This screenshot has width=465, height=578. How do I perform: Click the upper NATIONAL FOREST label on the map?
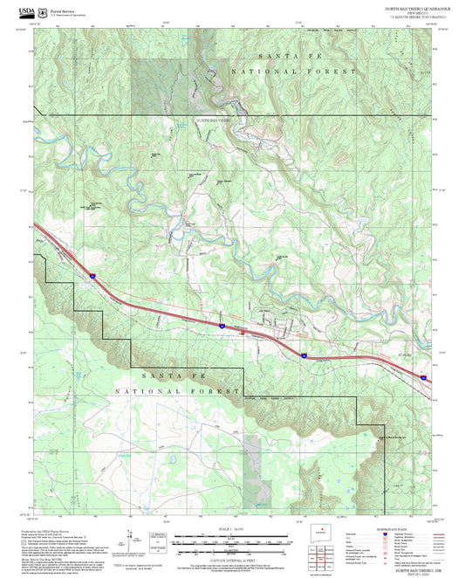click(x=293, y=70)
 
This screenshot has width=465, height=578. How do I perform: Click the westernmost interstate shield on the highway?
click(x=91, y=276)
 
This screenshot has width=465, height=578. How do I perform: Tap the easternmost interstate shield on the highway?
click(x=423, y=376)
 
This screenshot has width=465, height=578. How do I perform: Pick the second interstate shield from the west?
click(x=222, y=326)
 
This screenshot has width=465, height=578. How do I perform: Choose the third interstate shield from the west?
click(x=303, y=355)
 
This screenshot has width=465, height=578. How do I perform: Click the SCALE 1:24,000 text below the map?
click(x=232, y=528)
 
